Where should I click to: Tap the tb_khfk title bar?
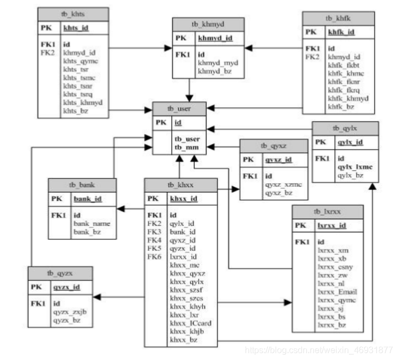click(339, 18)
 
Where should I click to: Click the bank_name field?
click(92, 224)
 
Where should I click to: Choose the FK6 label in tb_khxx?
click(154, 256)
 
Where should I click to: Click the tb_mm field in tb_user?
click(186, 147)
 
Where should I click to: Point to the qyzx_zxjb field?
click(69, 312)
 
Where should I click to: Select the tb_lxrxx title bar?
click(328, 212)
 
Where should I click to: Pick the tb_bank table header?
click(82, 184)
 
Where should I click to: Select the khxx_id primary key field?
click(184, 199)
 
